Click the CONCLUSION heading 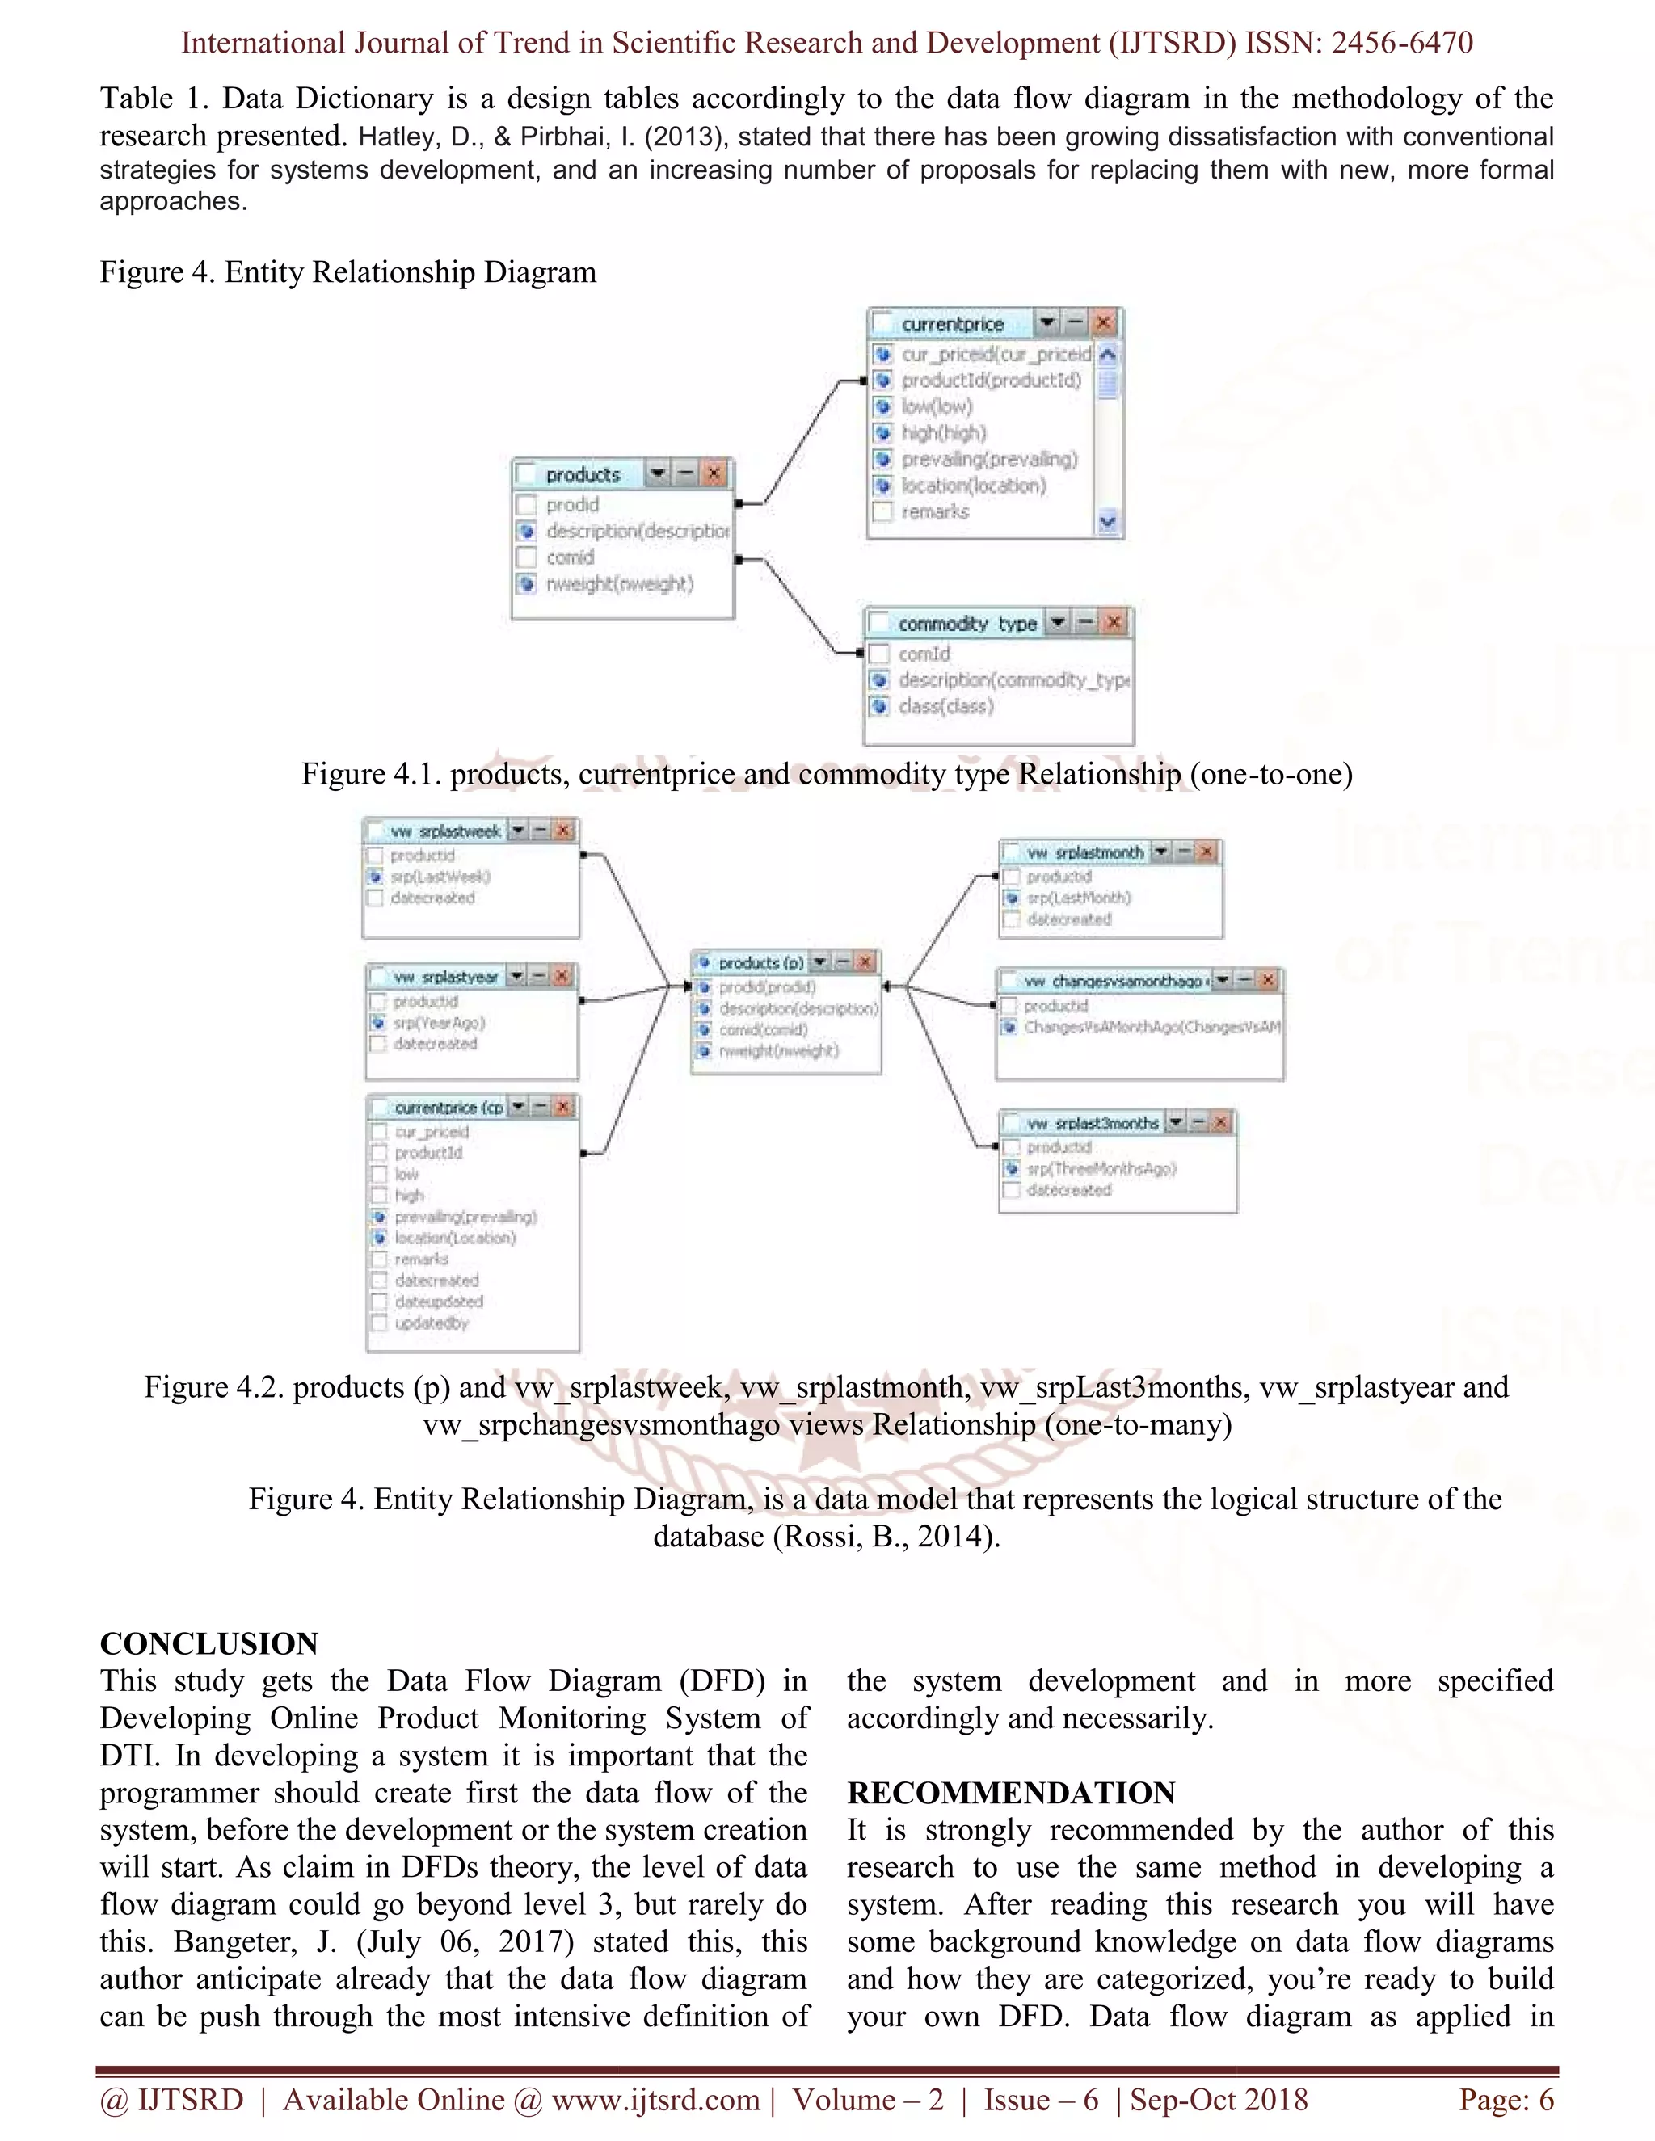(x=208, y=1644)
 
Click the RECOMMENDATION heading (x=1011, y=1793)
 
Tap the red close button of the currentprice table (x=1104, y=322)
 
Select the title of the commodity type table (x=966, y=624)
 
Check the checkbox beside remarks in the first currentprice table (x=882, y=511)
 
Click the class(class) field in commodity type (x=945, y=706)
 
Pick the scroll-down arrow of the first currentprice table (x=1108, y=522)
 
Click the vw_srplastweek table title (x=446, y=831)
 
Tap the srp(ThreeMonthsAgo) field (x=1101, y=1168)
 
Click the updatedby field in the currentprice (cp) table (x=432, y=1323)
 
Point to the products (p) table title (x=760, y=963)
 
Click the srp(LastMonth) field (x=1079, y=898)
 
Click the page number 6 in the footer (x=1544, y=2100)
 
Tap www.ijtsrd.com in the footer (x=655, y=2100)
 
